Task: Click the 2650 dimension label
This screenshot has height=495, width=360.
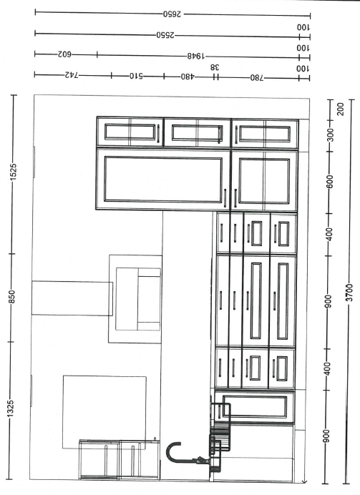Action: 172,14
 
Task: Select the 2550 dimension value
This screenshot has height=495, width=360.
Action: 165,35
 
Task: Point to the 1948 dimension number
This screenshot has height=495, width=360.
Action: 196,57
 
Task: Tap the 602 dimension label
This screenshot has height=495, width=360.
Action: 64,54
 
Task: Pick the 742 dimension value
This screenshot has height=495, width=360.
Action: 72,75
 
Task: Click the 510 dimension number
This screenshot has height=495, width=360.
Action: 136,76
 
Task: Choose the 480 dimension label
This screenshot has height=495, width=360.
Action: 188,77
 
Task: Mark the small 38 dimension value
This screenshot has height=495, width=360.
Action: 215,67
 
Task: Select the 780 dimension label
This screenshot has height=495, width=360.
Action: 257,78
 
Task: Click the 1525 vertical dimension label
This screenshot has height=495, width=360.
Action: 14,172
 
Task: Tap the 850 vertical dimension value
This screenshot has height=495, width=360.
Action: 11,297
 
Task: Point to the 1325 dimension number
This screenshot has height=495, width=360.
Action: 11,408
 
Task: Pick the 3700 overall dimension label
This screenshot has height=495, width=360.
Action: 349,293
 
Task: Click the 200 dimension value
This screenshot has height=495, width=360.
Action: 340,109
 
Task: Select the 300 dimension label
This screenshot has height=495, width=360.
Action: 330,135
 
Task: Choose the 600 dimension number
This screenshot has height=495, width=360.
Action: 329,182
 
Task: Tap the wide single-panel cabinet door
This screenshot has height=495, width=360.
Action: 163,179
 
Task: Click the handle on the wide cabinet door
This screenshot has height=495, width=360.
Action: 225,198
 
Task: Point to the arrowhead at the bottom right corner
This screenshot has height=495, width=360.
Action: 304,481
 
